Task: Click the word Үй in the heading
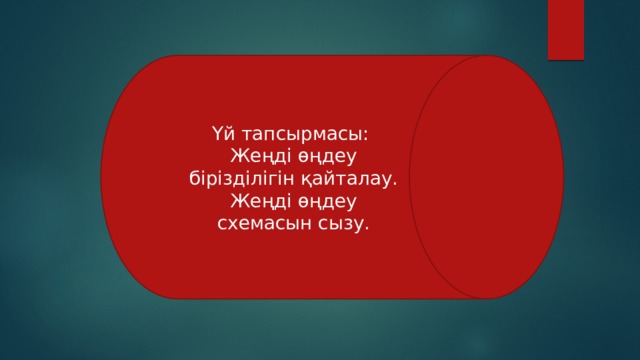[x=222, y=133]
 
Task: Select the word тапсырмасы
[x=299, y=133]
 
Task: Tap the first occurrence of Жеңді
[x=254, y=156]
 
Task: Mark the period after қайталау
[x=396, y=181]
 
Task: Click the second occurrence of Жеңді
[x=254, y=201]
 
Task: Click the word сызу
[x=343, y=223]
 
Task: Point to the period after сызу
[x=367, y=226]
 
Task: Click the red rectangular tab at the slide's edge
[x=566, y=27]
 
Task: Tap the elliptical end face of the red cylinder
[x=482, y=176]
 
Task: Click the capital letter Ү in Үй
[x=216, y=133]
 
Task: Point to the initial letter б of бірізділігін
[x=192, y=179]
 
